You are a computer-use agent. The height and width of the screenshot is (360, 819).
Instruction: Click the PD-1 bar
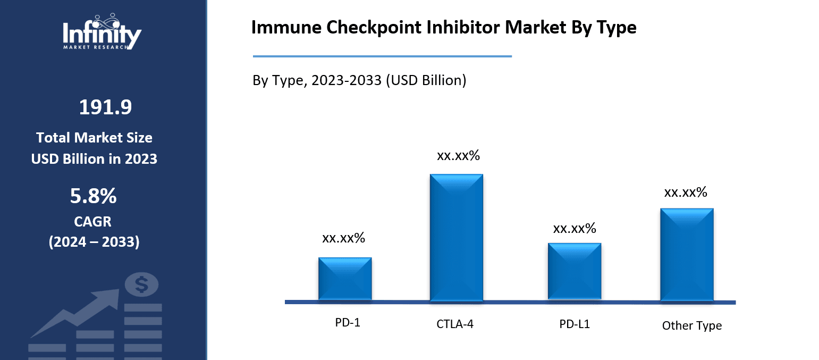point(345,279)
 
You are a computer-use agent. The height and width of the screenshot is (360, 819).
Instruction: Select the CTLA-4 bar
point(456,237)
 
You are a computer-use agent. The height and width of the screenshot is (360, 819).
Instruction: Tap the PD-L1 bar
point(575,272)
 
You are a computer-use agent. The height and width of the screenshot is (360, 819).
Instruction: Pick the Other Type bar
point(687,254)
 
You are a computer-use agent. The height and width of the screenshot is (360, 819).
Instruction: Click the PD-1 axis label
point(348,322)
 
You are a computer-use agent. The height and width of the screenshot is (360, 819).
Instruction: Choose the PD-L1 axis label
point(575,323)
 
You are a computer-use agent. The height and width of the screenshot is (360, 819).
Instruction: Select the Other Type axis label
point(692,325)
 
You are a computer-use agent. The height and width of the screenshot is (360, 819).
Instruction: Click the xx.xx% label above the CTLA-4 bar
point(458,156)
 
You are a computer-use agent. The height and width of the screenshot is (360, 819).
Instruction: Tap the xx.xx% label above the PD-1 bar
point(343,238)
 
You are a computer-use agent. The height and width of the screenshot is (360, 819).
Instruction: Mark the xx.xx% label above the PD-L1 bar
point(575,229)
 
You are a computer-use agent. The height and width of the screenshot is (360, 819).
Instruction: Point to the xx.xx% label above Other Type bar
point(686,192)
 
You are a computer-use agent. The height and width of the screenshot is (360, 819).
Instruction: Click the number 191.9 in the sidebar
point(105,107)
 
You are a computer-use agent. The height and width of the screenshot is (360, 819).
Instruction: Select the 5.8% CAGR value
point(94,196)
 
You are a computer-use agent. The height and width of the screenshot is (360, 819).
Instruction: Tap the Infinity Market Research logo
point(102,32)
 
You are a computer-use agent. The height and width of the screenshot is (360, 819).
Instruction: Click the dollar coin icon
point(141,284)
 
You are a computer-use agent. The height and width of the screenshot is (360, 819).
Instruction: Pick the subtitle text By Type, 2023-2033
point(359,80)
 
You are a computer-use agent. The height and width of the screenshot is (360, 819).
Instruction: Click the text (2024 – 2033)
point(94,242)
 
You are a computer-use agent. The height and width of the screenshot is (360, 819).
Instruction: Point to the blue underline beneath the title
point(382,56)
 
